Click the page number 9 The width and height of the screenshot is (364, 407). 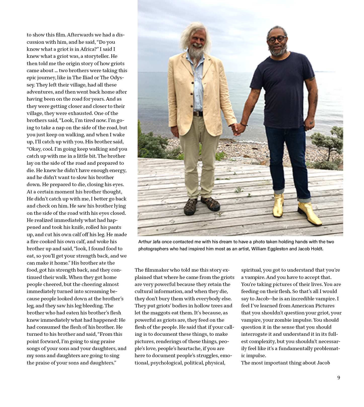click(339, 378)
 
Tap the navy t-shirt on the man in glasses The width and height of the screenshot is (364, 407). click(282, 88)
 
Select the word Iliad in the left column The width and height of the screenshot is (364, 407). click(85, 78)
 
